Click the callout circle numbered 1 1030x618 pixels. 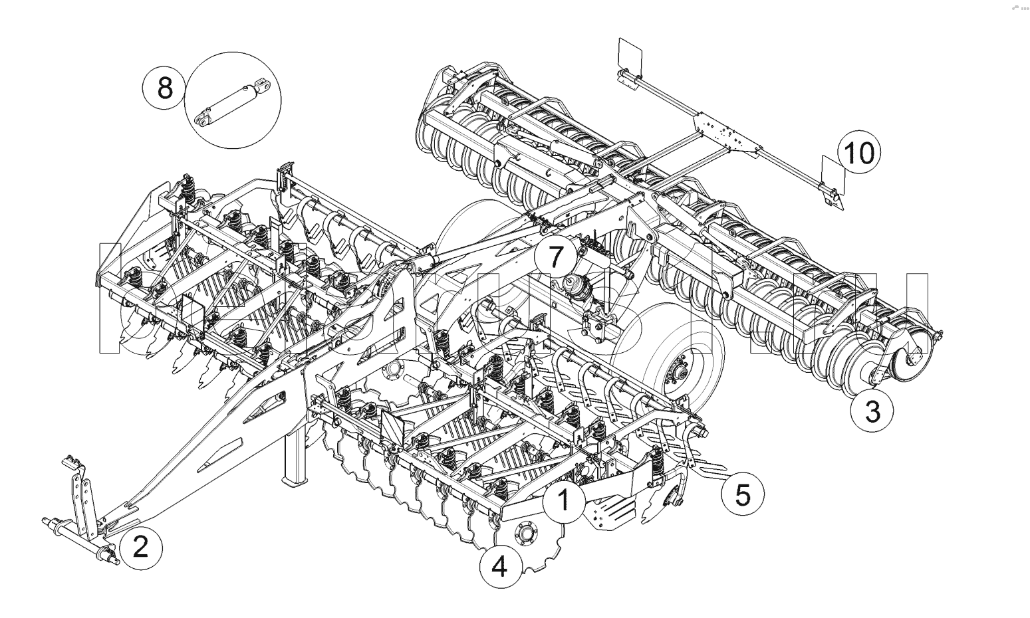[564, 500]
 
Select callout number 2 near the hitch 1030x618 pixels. [140, 547]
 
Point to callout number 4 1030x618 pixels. [499, 567]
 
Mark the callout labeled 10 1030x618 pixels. [858, 152]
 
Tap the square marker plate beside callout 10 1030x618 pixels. [832, 175]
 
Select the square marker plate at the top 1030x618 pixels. [628, 53]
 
